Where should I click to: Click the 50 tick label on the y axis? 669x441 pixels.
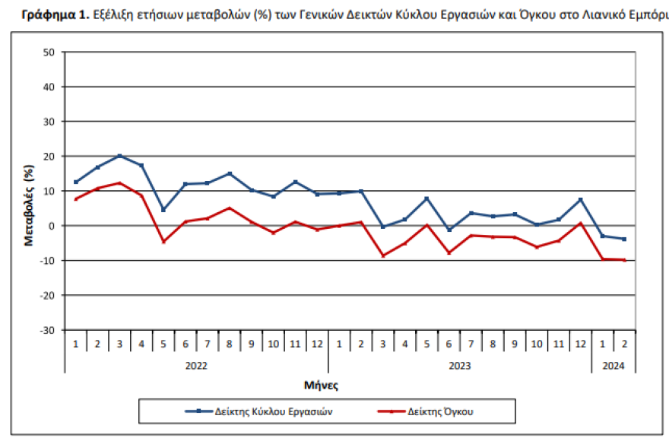(49, 52)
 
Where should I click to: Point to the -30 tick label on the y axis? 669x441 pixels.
(48, 330)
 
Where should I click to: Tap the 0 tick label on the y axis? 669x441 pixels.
(52, 226)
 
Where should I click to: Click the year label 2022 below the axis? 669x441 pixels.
(196, 366)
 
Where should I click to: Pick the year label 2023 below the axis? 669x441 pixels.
(459, 366)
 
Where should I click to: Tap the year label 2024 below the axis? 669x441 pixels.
(614, 366)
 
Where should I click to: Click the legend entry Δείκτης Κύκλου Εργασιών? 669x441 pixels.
(259, 411)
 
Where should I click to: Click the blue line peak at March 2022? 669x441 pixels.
(119, 156)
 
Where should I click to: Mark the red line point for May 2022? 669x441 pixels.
(163, 242)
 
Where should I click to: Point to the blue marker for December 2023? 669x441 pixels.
(580, 200)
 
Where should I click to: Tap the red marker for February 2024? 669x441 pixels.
(624, 260)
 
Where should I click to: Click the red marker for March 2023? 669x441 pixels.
(382, 255)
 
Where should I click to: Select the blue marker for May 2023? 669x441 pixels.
(426, 198)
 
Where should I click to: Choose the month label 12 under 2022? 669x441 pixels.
(317, 344)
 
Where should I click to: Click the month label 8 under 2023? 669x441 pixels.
(493, 344)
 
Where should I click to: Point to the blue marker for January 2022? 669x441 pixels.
(75, 182)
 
